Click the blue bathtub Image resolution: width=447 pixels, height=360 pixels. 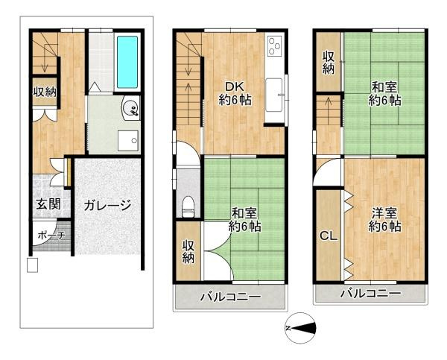pos(127,62)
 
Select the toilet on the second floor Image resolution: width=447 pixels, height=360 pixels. pos(188,206)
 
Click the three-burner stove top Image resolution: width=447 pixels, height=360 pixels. pos(275,46)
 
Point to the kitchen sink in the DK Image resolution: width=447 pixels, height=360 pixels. pos(274,95)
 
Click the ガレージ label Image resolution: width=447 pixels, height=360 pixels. pos(107,205)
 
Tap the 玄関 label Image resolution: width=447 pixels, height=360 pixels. pos(48,204)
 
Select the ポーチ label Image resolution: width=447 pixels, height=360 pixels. pos(51,236)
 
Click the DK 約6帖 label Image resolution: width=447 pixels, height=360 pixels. pos(235,93)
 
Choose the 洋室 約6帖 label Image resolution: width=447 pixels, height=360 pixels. pos(385,220)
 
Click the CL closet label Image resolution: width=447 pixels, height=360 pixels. pos(329,236)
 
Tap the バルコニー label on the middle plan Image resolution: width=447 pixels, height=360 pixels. pos(230,297)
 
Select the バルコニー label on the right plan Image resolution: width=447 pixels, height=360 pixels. pos(370,293)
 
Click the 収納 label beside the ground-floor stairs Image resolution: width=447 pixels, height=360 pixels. pos(45,92)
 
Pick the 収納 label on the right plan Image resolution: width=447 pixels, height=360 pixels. pos(329,63)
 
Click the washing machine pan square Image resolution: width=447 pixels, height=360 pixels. pos(128,141)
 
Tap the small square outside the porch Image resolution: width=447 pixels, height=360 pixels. pos(32,265)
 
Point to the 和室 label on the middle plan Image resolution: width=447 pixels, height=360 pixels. pos(244,213)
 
